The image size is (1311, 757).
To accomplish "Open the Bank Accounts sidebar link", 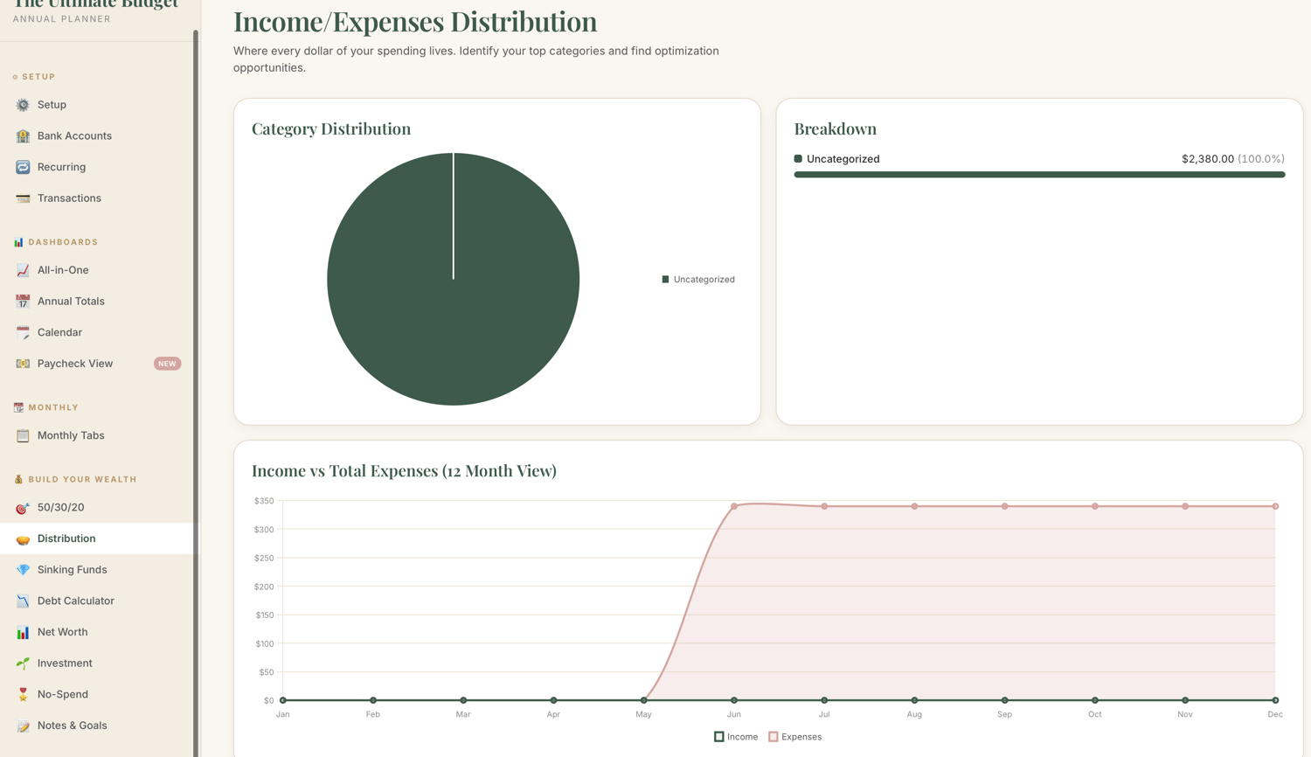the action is click(74, 135).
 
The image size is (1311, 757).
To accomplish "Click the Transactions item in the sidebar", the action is click(69, 198).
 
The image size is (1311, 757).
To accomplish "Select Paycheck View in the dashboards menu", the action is click(75, 364).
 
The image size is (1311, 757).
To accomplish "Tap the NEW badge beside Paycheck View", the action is click(167, 364).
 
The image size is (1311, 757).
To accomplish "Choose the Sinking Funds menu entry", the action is click(72, 570).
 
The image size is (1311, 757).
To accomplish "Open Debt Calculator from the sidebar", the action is click(75, 601).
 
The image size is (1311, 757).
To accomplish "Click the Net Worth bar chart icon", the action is click(23, 632).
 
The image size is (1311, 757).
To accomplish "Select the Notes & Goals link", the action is click(72, 726).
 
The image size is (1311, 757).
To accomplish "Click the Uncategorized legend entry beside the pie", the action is click(698, 279).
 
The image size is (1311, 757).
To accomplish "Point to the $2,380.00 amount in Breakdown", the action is click(1207, 159).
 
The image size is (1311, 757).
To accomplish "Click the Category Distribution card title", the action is click(331, 128).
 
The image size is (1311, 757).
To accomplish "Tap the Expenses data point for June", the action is click(734, 506).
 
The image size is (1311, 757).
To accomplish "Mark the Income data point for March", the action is click(463, 700).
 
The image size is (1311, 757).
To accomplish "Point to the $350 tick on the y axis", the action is click(264, 501).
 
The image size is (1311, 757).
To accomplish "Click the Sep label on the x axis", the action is click(1004, 714).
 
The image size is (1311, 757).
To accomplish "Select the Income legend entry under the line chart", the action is click(736, 737).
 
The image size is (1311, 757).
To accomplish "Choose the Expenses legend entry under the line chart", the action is click(794, 737).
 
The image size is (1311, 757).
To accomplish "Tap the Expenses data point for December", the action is click(1275, 506).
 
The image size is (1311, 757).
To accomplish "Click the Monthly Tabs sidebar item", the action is click(71, 435).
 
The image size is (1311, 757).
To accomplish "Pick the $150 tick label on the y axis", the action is click(265, 615).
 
